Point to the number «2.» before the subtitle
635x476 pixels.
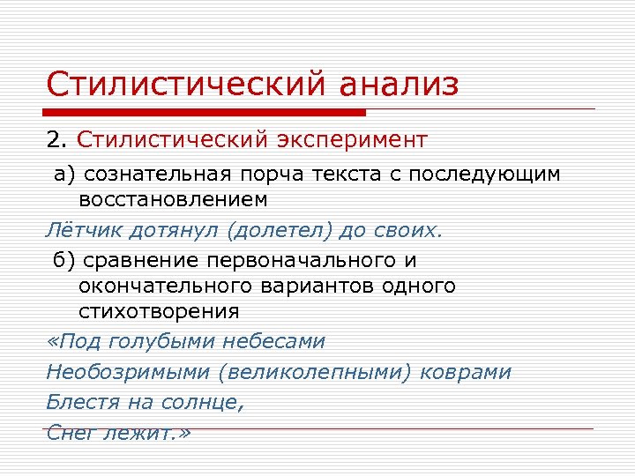click(57, 140)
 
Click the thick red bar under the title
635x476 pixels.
click(205, 113)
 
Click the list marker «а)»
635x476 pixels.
click(64, 174)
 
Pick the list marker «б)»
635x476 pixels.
click(64, 261)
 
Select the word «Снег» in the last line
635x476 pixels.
click(71, 434)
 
